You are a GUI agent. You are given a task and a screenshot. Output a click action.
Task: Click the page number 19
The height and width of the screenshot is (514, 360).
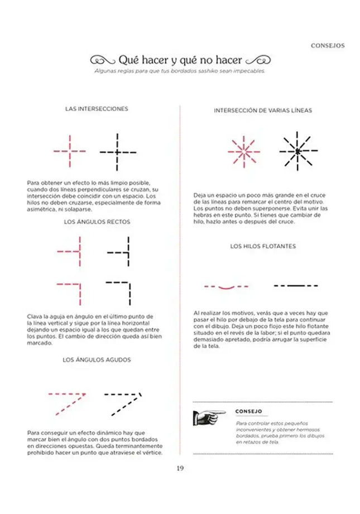click(180, 469)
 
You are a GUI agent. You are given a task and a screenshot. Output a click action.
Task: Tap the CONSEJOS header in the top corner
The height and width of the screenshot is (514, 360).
click(327, 46)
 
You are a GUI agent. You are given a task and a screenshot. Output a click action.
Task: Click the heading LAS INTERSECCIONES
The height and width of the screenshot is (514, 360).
click(97, 109)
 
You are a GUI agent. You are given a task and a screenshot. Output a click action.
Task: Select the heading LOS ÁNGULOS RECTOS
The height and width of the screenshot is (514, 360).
click(97, 222)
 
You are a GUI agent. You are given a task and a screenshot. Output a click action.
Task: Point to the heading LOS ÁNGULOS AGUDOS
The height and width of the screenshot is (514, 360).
click(97, 360)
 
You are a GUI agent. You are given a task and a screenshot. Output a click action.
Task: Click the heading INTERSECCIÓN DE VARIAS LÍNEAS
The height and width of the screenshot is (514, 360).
click(262, 111)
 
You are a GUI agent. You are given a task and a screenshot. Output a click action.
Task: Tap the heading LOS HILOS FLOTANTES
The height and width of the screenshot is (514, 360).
click(263, 246)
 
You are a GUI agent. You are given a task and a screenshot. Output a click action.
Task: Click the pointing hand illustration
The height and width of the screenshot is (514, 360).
click(208, 416)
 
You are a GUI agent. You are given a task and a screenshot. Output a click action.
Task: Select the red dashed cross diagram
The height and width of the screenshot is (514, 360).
click(70, 151)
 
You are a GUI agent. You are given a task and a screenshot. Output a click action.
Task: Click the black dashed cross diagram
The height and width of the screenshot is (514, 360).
click(118, 151)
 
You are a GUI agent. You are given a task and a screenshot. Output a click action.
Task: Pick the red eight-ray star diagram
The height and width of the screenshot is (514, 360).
click(243, 151)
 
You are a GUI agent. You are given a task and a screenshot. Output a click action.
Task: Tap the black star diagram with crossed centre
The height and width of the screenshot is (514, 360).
click(298, 151)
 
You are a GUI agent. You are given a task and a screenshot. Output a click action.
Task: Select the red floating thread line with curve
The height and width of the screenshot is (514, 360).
click(226, 287)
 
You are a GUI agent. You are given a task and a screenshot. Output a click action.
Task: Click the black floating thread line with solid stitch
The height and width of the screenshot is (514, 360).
click(296, 286)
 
